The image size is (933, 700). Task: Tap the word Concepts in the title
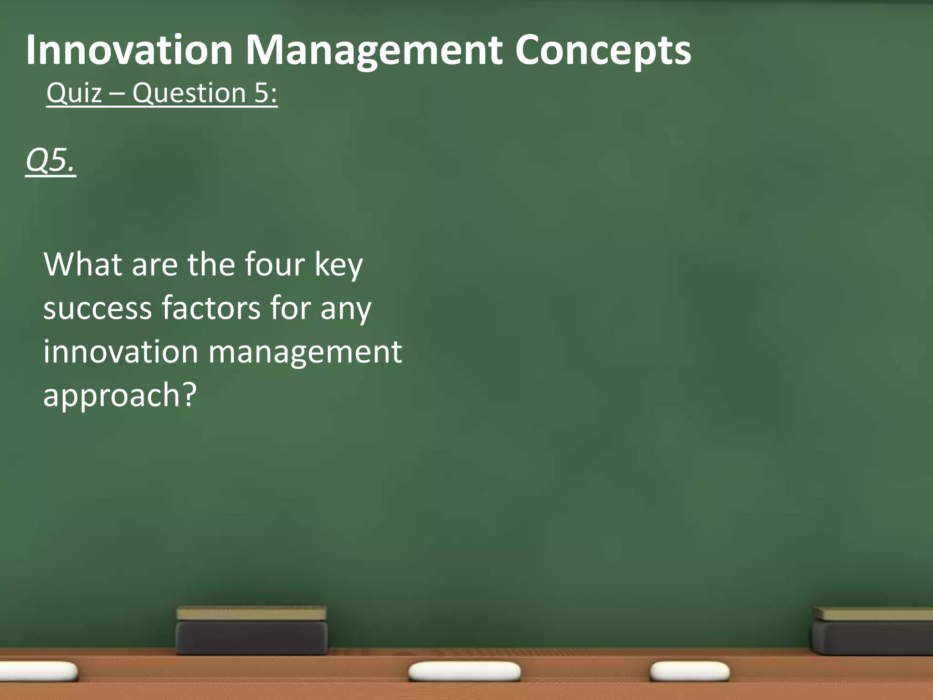coord(603,51)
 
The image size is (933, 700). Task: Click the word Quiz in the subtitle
coord(74,93)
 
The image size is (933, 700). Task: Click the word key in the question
coord(339,265)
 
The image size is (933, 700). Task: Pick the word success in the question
coord(97,308)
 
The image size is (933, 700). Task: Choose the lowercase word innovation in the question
coord(121,351)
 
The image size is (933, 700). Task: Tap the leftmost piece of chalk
coord(38,671)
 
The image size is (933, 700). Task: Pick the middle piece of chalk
coord(464,672)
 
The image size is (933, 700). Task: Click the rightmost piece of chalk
coord(689,672)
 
